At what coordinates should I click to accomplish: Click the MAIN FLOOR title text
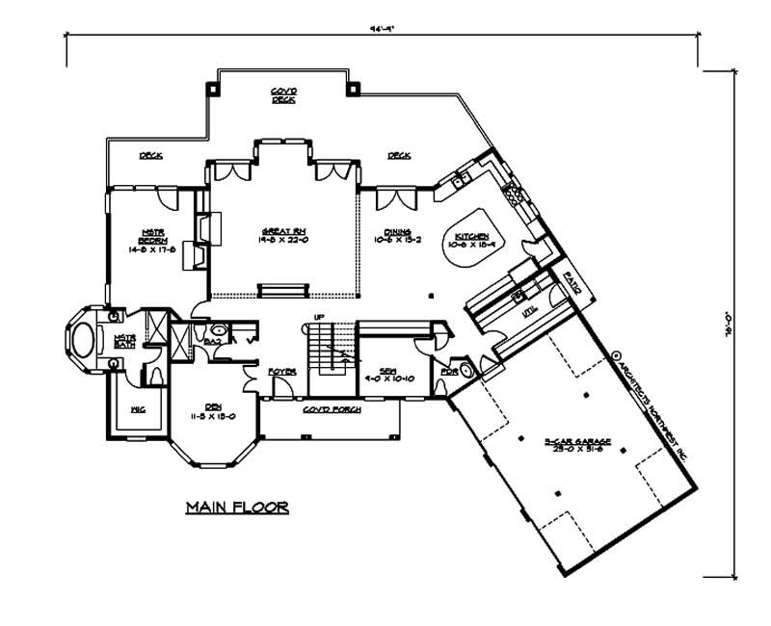click(236, 508)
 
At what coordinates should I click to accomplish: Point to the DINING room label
click(398, 232)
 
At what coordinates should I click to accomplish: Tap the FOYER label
click(281, 370)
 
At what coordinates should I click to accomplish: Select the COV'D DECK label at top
click(282, 94)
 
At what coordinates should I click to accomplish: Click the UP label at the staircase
click(316, 318)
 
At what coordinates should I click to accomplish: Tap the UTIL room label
click(528, 312)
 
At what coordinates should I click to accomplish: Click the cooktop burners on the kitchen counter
click(514, 193)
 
